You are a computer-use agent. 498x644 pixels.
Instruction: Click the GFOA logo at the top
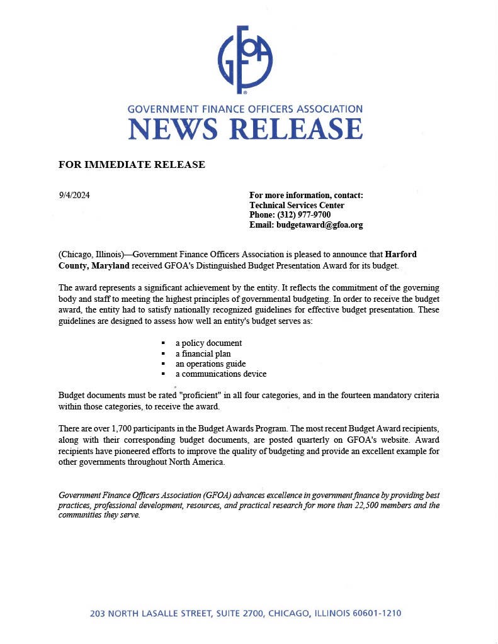(245, 60)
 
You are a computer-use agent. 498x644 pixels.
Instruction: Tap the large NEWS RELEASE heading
(245, 128)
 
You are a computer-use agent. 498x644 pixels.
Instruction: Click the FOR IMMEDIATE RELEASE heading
(132, 165)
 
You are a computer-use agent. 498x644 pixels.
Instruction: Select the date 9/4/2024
(74, 195)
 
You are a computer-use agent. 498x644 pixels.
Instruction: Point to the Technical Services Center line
(297, 205)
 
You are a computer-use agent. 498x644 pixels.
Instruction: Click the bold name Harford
(400, 255)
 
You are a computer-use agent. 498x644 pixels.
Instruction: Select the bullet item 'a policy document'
(208, 343)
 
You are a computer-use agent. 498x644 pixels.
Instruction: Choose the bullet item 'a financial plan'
(203, 353)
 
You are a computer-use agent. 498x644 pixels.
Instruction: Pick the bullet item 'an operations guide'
(210, 364)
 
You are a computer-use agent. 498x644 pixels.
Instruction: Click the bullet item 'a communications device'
(220, 374)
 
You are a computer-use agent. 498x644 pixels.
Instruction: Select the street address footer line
(246, 613)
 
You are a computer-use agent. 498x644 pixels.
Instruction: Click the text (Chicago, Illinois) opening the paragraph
(91, 255)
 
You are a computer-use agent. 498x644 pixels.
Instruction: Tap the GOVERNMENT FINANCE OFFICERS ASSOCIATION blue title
(245, 109)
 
